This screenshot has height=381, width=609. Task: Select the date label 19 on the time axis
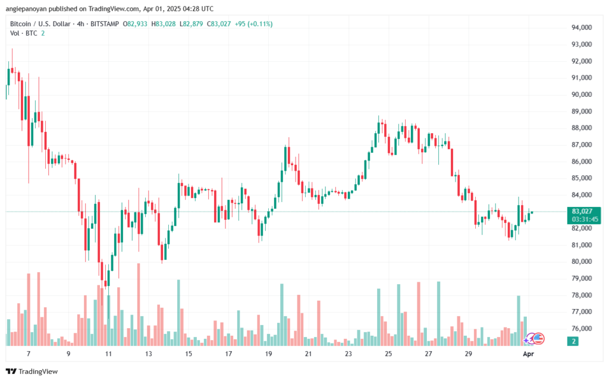click(268, 354)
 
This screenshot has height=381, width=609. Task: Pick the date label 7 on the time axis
click(29, 354)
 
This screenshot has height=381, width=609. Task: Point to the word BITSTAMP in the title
click(106, 24)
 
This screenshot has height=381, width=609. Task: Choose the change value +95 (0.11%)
click(253, 24)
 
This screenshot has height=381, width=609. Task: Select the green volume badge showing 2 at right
click(573, 341)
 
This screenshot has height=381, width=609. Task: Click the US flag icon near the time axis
click(538, 338)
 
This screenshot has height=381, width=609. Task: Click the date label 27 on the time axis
click(428, 354)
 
